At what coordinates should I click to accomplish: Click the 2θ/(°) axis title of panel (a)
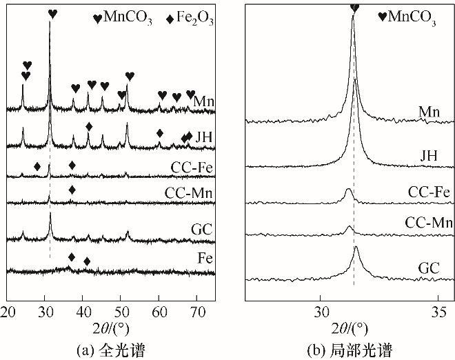[x=110, y=326]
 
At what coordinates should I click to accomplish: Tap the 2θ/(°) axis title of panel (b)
[x=350, y=326]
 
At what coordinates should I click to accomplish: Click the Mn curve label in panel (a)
[x=204, y=102]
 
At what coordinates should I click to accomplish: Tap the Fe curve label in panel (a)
[x=205, y=259]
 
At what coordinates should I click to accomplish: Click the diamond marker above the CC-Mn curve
[x=72, y=190]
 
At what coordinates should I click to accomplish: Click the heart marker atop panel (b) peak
[x=354, y=8]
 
